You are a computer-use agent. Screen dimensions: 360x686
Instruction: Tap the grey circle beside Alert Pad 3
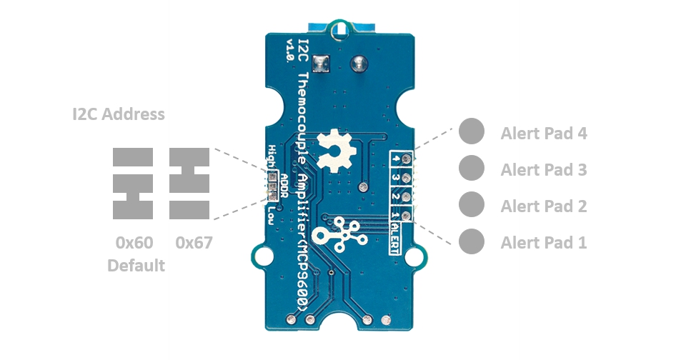click(471, 169)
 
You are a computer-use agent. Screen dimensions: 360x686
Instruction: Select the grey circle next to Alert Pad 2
click(471, 205)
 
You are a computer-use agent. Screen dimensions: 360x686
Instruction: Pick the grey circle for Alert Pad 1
click(471, 241)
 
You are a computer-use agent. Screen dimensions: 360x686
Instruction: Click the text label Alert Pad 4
click(544, 133)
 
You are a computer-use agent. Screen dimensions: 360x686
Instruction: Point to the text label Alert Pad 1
click(544, 243)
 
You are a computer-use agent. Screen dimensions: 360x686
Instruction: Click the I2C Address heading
click(119, 114)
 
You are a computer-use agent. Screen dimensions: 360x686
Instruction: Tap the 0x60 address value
click(134, 243)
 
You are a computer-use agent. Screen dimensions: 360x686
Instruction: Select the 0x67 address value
click(194, 243)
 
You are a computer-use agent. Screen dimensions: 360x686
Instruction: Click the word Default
click(136, 266)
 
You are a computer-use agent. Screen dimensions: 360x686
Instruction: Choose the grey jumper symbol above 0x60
click(133, 184)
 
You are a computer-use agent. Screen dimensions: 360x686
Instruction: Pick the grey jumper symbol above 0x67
click(189, 184)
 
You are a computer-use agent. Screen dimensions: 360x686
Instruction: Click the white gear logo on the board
click(334, 148)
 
